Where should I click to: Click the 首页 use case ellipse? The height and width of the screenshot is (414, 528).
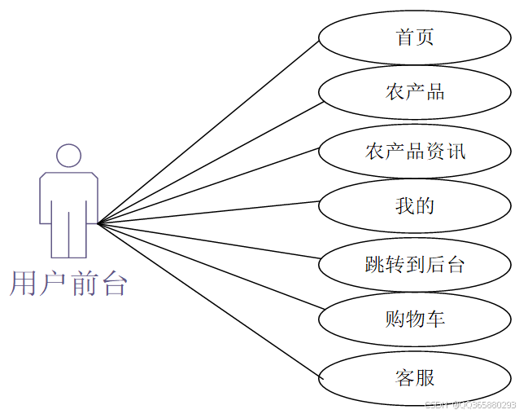tap(414, 37)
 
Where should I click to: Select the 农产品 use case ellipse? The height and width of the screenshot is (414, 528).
tap(414, 92)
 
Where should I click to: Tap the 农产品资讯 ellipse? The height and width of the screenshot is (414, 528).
tap(414, 151)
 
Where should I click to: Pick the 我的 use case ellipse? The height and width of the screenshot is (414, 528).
tap(414, 206)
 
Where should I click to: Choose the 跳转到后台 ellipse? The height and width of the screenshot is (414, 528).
tap(414, 264)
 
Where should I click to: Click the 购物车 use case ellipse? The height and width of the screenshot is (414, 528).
tap(414, 319)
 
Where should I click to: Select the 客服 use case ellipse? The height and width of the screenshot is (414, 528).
tap(414, 377)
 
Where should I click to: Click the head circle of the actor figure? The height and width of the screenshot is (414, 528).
tap(68, 156)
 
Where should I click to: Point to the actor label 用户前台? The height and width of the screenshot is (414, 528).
tap(68, 284)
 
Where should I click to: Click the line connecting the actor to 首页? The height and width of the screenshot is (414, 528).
tap(207, 131)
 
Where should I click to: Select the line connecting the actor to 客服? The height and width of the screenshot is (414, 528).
tap(207, 300)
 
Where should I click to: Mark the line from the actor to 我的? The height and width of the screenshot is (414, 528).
tap(207, 212)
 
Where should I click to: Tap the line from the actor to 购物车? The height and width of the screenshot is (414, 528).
tap(207, 269)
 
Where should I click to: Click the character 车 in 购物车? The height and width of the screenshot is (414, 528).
tap(435, 319)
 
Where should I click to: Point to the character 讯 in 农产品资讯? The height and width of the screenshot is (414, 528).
tap(456, 151)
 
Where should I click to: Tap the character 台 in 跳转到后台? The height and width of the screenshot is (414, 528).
tap(455, 264)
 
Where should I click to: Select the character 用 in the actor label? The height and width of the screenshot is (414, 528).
tap(24, 284)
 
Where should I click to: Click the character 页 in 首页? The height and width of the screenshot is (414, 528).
tap(424, 37)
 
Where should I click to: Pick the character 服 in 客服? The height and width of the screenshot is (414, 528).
tap(425, 377)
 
